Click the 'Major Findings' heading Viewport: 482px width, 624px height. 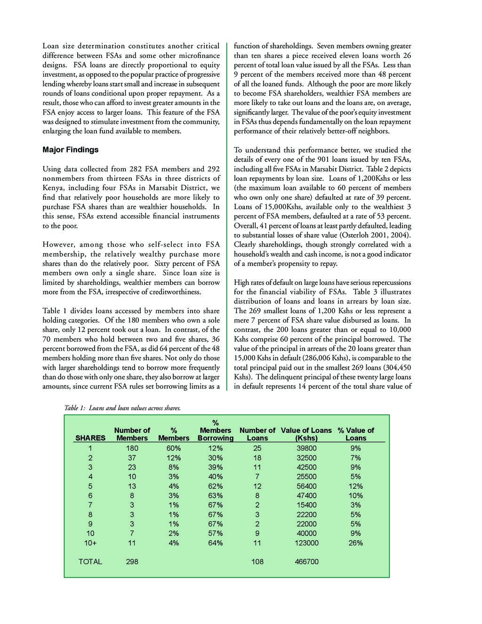click(x=71, y=150)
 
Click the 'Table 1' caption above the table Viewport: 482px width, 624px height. click(x=122, y=408)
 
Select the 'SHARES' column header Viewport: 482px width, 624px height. click(x=90, y=438)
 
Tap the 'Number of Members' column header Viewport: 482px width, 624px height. click(x=132, y=434)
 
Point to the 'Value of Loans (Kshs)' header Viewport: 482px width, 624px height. click(x=306, y=434)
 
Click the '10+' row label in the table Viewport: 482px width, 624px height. click(x=90, y=543)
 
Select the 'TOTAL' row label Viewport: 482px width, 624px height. click(x=90, y=561)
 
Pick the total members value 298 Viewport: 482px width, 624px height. click(x=132, y=561)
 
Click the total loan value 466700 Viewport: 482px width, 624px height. click(x=306, y=561)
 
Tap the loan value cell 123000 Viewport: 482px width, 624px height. click(x=306, y=543)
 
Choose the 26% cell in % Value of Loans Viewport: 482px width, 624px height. click(x=356, y=543)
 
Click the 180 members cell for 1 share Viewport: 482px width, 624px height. click(x=132, y=448)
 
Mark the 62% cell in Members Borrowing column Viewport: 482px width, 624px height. click(x=216, y=486)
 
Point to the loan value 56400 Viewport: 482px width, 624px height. click(x=306, y=486)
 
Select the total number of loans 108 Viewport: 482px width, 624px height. click(x=257, y=561)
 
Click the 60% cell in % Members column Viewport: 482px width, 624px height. click(x=174, y=448)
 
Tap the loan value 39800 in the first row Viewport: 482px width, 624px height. click(x=306, y=448)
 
